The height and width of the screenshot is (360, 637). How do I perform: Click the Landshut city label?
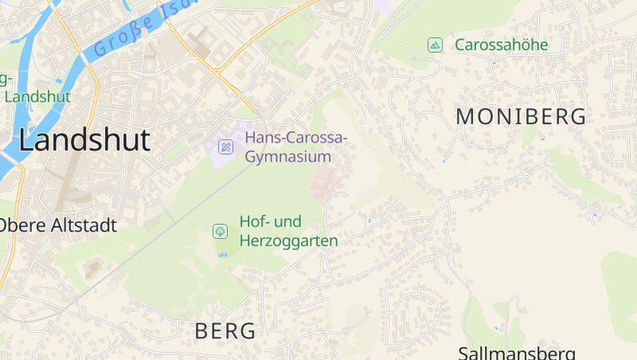coord(84,140)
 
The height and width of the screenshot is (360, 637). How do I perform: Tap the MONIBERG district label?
coord(521,116)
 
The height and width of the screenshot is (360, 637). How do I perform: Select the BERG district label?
coord(225,331)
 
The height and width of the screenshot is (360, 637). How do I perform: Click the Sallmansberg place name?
coord(516,352)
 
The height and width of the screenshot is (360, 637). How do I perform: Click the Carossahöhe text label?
coord(502,45)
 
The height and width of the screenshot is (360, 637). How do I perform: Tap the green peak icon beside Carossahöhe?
coord(434,45)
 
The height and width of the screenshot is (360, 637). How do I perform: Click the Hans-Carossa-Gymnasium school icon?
coord(226,147)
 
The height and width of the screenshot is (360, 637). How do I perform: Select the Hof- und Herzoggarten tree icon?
coord(219,231)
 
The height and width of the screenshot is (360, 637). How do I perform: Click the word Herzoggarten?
coord(288,241)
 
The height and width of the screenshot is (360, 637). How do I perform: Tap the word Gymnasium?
coord(287,155)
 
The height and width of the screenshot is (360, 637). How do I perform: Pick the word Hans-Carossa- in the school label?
coord(296,138)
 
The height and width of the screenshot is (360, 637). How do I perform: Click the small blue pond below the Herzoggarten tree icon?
coord(222,255)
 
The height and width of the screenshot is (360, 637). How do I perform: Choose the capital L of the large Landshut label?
coord(26,140)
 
